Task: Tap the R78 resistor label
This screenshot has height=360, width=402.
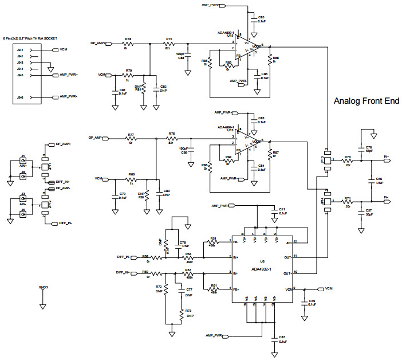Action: tap(128, 39)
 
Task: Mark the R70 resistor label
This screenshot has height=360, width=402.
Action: tap(347, 156)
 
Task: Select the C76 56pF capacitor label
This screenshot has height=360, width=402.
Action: tap(369, 148)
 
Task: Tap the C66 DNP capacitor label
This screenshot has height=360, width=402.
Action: tap(379, 181)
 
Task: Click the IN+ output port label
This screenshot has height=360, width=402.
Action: tap(387, 156)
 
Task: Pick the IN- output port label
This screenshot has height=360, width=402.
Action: tap(387, 197)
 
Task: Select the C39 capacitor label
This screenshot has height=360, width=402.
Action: tap(312, 303)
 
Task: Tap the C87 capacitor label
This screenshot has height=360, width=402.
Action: tap(282, 339)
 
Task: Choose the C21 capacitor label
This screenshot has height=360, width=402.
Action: tap(282, 210)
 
